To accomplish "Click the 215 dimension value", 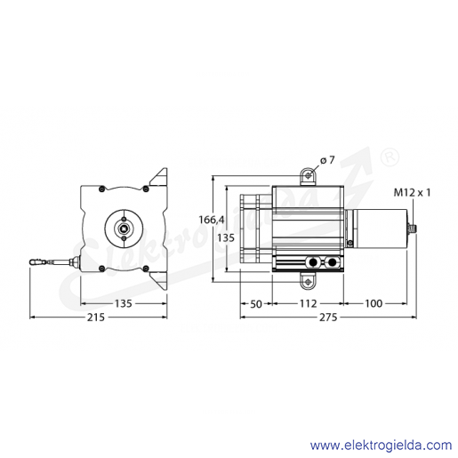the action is click(96, 317).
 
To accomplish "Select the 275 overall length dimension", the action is click(328, 317).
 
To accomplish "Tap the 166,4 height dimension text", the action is click(212, 220).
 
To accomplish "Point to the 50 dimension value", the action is click(256, 304).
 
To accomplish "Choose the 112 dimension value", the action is click(309, 303).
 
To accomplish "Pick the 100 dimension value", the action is click(374, 303).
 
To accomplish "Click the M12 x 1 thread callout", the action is click(412, 193).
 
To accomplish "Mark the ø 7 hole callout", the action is click(327, 160).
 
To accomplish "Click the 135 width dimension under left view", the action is click(123, 303).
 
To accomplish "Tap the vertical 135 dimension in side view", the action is click(226, 237).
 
